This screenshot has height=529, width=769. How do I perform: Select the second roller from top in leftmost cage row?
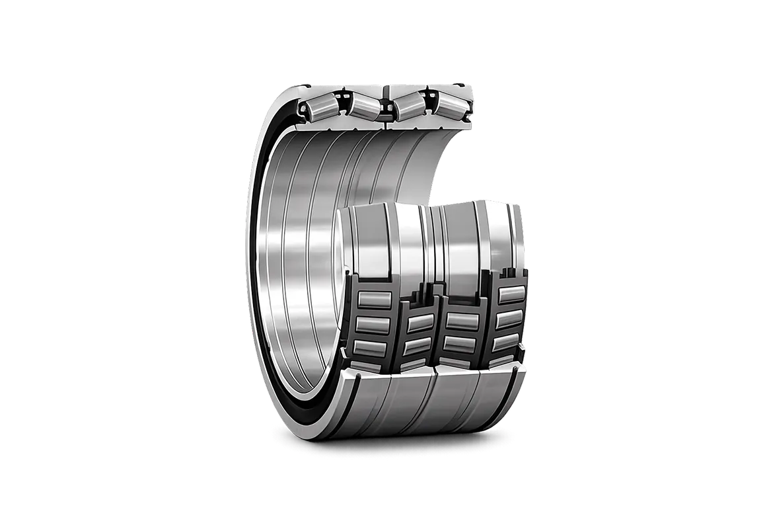(371, 324)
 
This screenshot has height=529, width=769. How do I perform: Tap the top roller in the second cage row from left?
(420, 323)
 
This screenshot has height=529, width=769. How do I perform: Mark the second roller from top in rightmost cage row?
(510, 319)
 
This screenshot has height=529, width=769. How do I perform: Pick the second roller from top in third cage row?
(462, 342)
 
